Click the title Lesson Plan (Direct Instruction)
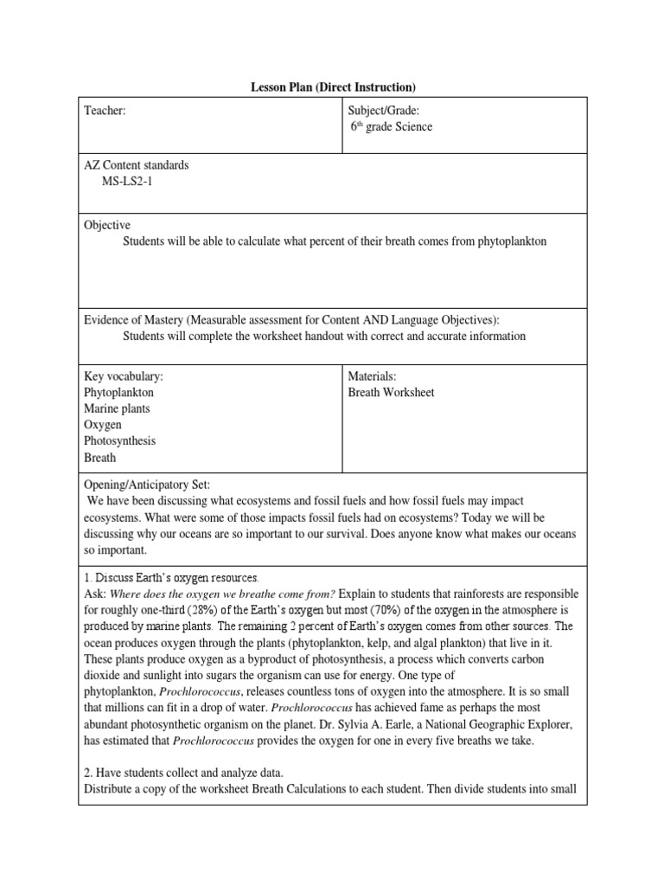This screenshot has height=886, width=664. (x=333, y=87)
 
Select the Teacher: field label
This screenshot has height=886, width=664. (x=105, y=111)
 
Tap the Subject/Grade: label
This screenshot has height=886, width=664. (x=383, y=111)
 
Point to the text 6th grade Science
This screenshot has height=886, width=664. (x=391, y=127)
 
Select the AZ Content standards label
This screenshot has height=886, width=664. (x=136, y=165)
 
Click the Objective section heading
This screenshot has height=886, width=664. (x=106, y=224)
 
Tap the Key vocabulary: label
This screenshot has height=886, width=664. (x=123, y=376)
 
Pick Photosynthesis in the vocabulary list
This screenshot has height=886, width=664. (x=119, y=441)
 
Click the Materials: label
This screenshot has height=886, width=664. (x=372, y=376)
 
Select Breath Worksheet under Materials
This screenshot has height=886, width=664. (x=391, y=393)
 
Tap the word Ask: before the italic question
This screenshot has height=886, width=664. (x=94, y=594)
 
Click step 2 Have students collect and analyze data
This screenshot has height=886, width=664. (x=192, y=774)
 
